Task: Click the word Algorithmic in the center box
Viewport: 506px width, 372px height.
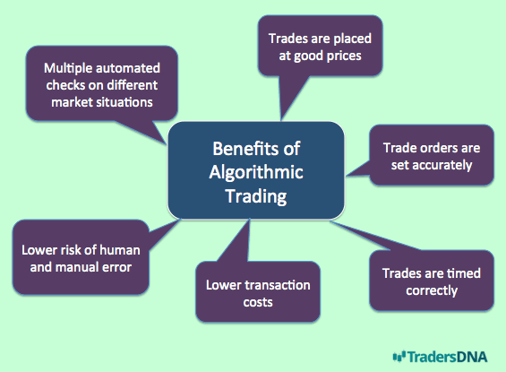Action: tap(256, 173)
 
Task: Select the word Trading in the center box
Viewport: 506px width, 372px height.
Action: tap(256, 196)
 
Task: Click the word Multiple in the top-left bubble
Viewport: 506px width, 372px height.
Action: tap(68, 69)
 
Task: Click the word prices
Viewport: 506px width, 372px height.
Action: tap(344, 56)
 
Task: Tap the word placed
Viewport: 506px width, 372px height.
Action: tap(352, 39)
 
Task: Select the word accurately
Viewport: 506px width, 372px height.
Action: tap(442, 166)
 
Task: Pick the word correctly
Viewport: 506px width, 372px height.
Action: tap(432, 291)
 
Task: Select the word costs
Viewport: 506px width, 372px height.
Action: tap(258, 303)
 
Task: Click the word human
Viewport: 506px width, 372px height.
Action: tap(120, 250)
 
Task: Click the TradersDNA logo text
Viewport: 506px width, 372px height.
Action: tap(447, 357)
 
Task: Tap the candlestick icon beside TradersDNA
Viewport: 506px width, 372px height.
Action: tap(399, 357)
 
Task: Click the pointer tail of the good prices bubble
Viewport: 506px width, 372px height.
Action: tap(292, 97)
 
